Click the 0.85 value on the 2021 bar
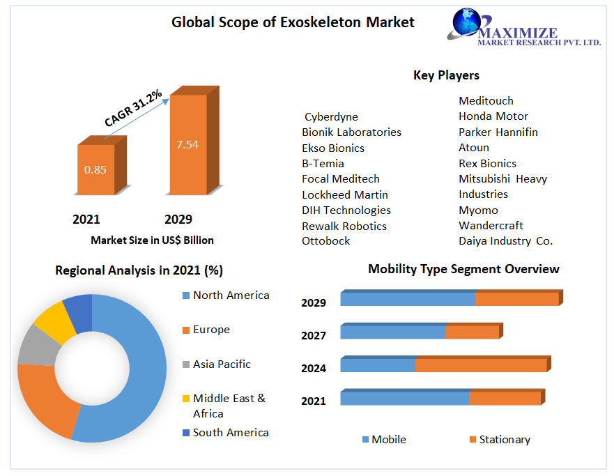(x=95, y=169)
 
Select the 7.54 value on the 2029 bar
(x=187, y=145)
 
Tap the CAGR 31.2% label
(x=133, y=108)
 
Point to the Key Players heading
(x=446, y=75)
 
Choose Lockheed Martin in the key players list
(x=345, y=194)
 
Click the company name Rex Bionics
(x=487, y=163)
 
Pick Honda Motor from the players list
(x=493, y=116)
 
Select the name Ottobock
(x=326, y=241)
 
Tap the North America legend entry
(x=231, y=295)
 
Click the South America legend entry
(x=230, y=433)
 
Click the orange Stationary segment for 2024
(x=481, y=365)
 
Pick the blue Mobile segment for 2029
(x=408, y=299)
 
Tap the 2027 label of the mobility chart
(x=314, y=335)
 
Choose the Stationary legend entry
(x=504, y=440)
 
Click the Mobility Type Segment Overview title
(x=463, y=269)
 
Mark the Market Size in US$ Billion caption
(x=152, y=240)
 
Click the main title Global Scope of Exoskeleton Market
(x=293, y=22)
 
